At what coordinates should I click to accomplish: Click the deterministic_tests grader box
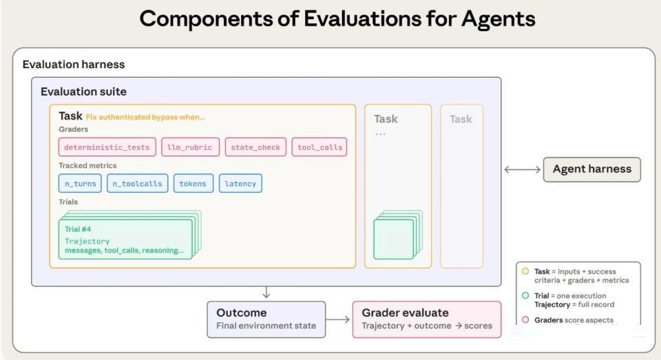click(107, 147)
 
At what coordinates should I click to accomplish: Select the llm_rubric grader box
click(190, 147)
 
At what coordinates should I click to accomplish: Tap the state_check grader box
click(255, 147)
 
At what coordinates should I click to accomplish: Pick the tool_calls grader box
click(319, 147)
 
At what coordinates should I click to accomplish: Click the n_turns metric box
click(80, 183)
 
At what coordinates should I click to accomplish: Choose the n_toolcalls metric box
click(138, 183)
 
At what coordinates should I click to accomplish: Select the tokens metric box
click(193, 183)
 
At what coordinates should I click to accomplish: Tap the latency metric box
click(240, 183)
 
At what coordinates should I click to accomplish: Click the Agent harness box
click(592, 169)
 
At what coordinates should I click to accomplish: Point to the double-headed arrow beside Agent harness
click(523, 169)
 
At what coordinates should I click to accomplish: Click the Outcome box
click(266, 319)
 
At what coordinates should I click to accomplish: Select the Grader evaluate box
click(427, 319)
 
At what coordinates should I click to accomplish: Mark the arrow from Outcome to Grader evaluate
click(338, 319)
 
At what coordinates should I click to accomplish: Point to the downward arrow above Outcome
click(266, 293)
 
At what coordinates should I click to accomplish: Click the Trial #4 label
click(78, 229)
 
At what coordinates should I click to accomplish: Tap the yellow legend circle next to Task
click(525, 271)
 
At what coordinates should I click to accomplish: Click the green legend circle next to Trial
click(525, 295)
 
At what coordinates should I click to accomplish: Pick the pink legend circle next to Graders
click(525, 319)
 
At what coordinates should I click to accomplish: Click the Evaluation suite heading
click(83, 92)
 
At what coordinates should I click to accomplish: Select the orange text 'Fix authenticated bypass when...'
click(145, 117)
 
